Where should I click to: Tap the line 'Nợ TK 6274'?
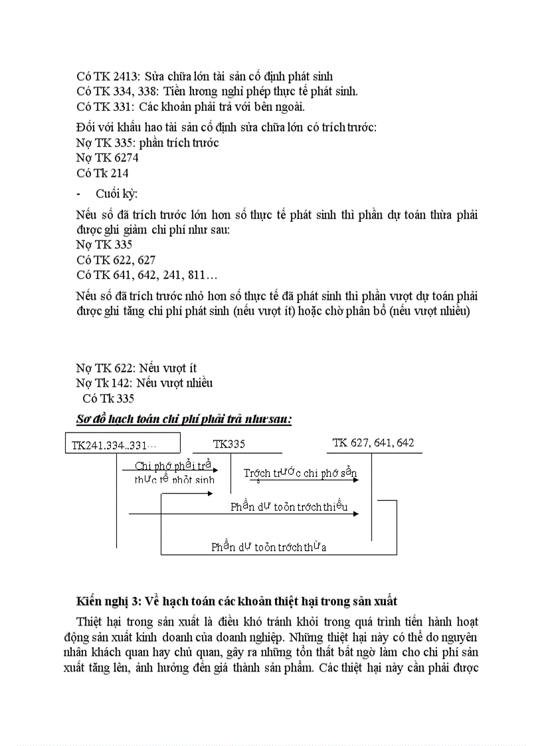[107, 157]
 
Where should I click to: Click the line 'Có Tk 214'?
[102, 173]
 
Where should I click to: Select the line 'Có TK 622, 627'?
[116, 260]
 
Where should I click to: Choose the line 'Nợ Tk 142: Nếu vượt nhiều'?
[144, 383]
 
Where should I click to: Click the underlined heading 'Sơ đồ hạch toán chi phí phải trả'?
[184, 419]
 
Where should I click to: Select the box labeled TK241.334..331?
[122, 444]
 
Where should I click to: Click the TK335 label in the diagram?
[229, 444]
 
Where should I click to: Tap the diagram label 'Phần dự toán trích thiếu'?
[289, 507]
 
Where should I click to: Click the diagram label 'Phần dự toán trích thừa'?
[268, 547]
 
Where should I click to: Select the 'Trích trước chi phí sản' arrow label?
[300, 472]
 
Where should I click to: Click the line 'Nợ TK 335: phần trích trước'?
[147, 142]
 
